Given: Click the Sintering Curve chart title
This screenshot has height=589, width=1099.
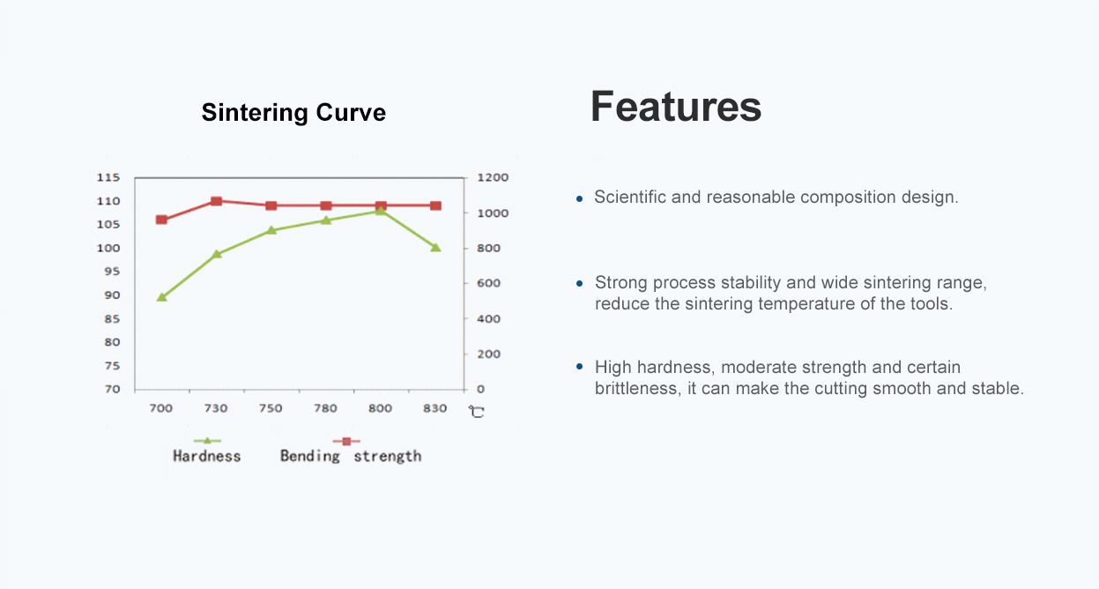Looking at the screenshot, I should pos(293,113).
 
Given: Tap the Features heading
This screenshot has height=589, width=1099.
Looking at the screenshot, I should pos(675,107).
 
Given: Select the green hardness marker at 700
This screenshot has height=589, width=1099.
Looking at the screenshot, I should pos(161,297).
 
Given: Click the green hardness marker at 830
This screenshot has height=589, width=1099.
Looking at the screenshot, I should pos(435,248).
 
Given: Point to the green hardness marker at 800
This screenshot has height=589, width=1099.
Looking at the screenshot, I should pos(381,211).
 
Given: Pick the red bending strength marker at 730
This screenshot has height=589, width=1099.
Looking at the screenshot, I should pos(216,201).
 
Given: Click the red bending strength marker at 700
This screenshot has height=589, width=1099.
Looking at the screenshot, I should pos(161,220).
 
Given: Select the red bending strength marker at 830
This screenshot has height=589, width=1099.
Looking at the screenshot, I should pos(435,205).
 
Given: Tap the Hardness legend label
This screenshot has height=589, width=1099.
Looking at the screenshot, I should pos(206,456).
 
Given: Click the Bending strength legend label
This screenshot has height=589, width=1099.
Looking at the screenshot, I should pos(351,456).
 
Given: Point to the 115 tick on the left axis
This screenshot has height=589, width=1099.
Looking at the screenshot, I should pos(108,177).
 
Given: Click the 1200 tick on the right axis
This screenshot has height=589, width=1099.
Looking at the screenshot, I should pos(493,177).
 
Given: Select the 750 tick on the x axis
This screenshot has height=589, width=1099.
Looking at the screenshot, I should pos(271,408).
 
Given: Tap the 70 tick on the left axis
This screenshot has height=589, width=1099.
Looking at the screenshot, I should pos(112,389).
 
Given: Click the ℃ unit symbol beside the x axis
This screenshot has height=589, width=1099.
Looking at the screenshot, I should pos(476,411).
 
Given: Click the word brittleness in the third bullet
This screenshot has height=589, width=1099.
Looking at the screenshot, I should pos(635,388).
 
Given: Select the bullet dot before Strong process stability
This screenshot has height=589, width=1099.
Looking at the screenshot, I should pos(579,284).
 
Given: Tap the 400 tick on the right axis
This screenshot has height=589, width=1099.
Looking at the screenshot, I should pos(488,318).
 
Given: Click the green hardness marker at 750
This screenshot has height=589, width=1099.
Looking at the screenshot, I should pos(271,230).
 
